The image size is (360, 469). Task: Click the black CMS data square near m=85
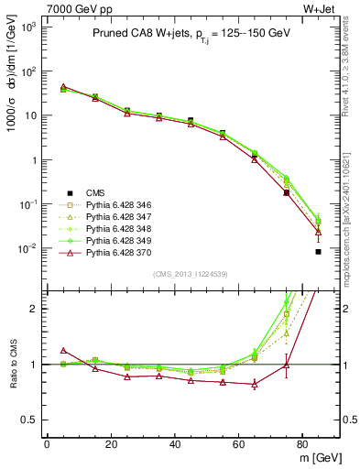[x=318, y=252]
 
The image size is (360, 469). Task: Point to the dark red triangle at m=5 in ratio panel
[x=63, y=350]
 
